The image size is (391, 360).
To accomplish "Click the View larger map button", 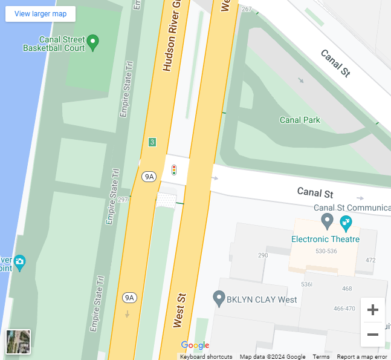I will (x=40, y=14).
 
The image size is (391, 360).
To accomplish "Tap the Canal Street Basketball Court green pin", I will (x=93, y=42).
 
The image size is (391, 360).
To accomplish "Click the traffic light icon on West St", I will (x=174, y=170).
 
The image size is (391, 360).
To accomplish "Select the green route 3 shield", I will (x=152, y=142).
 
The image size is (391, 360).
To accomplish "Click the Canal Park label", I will (x=300, y=120).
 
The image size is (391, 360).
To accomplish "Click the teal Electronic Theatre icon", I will (x=346, y=222).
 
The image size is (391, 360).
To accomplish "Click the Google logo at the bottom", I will (x=195, y=345).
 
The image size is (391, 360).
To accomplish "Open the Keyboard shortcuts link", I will (x=206, y=357).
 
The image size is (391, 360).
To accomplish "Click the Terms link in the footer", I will (x=321, y=357).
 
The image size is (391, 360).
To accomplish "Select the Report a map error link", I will (x=361, y=357).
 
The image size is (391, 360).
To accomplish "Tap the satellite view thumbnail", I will (x=18, y=342).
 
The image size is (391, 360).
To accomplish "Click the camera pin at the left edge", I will (x=19, y=262).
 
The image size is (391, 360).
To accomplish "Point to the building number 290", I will (x=263, y=255).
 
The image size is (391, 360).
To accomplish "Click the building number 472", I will (x=370, y=260).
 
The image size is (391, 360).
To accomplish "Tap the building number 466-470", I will (x=344, y=309).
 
